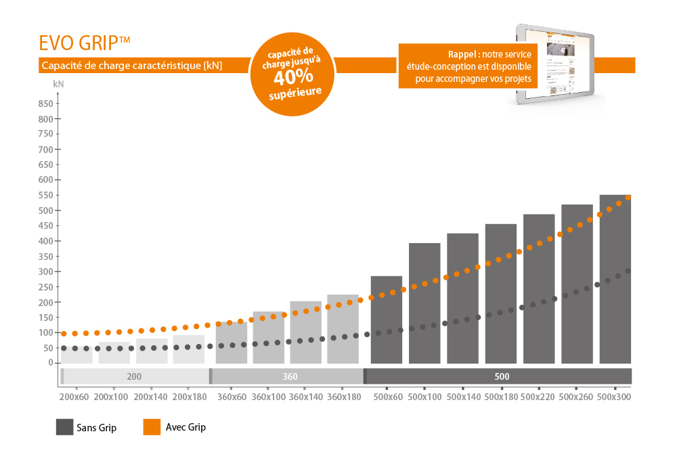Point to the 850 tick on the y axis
(x=45, y=104)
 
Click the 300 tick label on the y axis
(x=45, y=271)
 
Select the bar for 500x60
(x=387, y=320)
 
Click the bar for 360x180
(x=343, y=329)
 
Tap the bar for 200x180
(x=189, y=349)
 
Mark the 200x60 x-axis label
(x=74, y=397)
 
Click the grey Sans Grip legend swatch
(x=65, y=427)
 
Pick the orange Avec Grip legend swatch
(x=152, y=427)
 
